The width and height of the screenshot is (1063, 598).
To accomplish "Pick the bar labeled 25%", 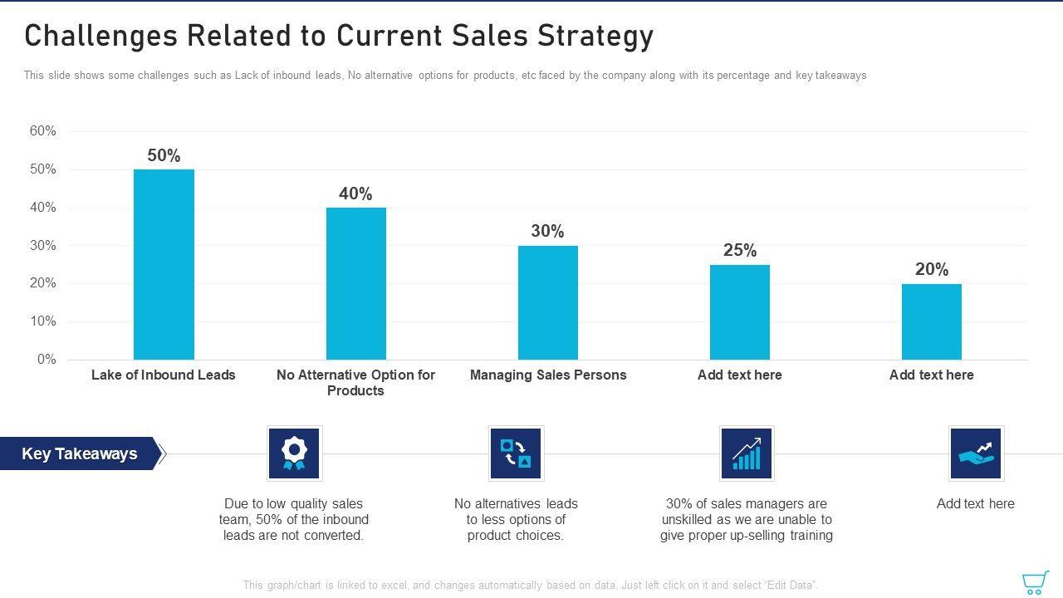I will click(739, 312).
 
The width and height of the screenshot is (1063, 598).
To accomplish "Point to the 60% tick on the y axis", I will click(43, 131).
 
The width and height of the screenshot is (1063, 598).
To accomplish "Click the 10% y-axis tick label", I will click(43, 321).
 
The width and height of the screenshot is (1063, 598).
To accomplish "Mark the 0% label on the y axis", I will click(47, 360).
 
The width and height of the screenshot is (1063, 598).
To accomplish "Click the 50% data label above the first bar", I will click(164, 155).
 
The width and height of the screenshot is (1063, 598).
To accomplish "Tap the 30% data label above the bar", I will click(547, 232).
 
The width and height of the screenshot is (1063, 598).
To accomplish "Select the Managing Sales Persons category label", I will click(548, 375).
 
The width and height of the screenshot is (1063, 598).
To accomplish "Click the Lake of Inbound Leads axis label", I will click(164, 375).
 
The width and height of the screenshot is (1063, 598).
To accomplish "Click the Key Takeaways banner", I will click(80, 453).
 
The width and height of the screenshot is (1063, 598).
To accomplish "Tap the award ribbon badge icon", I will click(294, 453).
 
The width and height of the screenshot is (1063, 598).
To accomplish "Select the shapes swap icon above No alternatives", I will click(516, 453).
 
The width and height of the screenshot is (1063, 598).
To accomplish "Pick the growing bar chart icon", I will click(747, 453).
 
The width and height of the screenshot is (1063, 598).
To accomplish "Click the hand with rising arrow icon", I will click(976, 453).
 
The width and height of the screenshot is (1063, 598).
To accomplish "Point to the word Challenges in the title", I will click(100, 37).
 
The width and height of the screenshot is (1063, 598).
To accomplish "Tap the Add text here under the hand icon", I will click(975, 504).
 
